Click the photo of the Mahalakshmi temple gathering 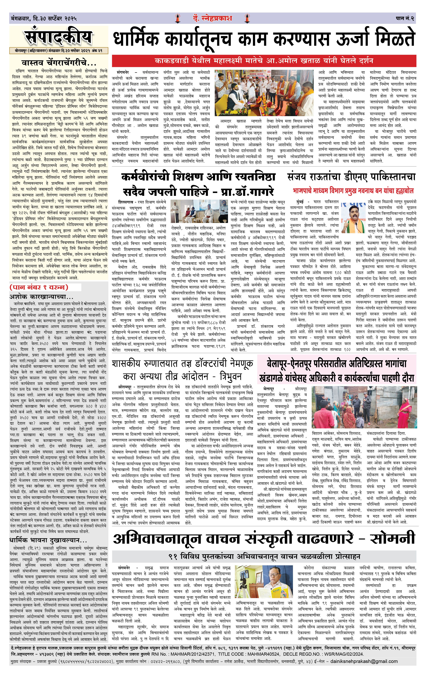coord(264,93)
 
